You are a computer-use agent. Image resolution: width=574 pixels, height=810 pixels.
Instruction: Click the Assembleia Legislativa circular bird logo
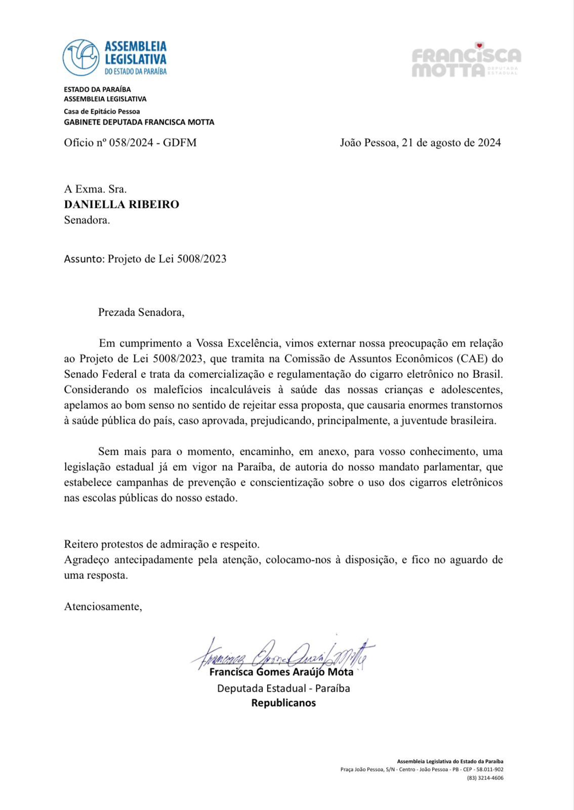[x=81, y=57]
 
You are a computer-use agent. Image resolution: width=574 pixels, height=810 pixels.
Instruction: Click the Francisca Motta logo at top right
[x=466, y=61]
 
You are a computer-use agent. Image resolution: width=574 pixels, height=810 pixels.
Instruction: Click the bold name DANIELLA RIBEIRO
[x=121, y=205]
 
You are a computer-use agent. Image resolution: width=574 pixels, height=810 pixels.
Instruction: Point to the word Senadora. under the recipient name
[x=87, y=220]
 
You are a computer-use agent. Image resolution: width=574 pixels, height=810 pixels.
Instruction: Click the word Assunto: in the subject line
[x=84, y=259]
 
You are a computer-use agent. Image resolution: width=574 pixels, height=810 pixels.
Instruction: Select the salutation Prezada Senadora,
[x=141, y=312]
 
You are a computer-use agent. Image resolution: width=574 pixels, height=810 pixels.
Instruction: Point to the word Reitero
[x=81, y=545]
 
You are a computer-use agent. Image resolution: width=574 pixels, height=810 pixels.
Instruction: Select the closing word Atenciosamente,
[x=103, y=606]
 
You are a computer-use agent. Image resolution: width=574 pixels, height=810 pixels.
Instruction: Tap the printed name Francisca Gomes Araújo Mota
[x=281, y=672]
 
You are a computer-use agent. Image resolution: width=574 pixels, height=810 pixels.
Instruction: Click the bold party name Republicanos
[x=283, y=703]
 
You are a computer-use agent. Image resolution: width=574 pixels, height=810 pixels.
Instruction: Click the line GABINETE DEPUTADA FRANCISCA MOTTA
[x=139, y=122]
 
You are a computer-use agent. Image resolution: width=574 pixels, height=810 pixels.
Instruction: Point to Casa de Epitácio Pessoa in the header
[x=102, y=111]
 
